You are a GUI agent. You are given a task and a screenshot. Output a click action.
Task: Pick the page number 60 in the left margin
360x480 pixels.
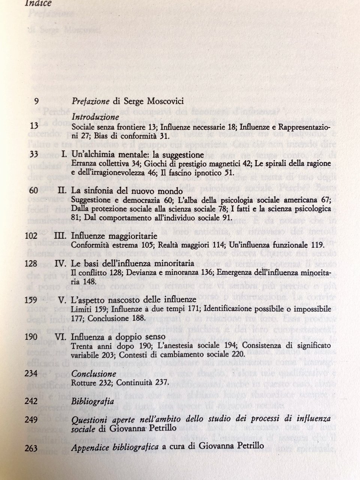pyautogui.click(x=33, y=191)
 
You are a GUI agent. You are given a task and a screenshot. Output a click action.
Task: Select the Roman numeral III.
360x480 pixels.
pyautogui.click(x=60, y=236)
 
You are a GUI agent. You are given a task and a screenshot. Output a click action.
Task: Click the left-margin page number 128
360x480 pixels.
pyautogui.click(x=31, y=263)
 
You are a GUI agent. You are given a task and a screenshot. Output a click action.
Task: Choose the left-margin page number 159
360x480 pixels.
pyautogui.click(x=31, y=300)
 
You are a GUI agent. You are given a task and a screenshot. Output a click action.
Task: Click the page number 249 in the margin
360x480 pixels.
pyautogui.click(x=31, y=419)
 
